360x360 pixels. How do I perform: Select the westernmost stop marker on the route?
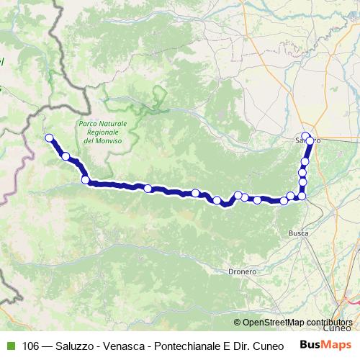coord(49,138)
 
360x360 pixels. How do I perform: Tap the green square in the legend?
coord(9,346)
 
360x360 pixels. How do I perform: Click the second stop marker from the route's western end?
coord(66,156)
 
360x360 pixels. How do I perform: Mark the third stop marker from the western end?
coord(85,180)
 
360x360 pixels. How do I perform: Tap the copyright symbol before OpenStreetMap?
coord(238,322)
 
